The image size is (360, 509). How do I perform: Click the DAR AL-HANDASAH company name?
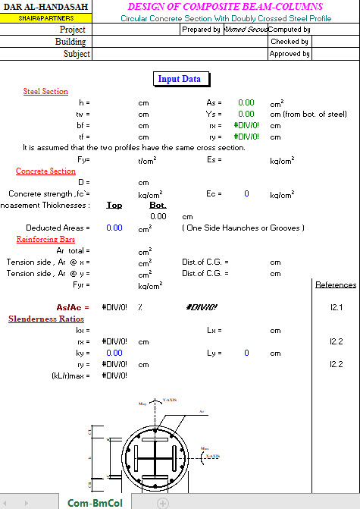pos(45,7)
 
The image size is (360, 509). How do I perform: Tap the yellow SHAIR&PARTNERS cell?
pos(45,18)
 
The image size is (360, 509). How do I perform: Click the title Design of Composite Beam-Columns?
pos(225,7)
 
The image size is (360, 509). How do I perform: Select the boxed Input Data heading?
pos(180,79)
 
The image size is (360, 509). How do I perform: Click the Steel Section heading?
pos(45,91)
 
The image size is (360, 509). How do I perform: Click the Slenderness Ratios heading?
pos(45,319)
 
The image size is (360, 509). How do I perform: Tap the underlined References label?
pos(335,284)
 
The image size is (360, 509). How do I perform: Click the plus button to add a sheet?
pos(162,502)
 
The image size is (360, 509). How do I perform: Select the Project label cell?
pos(73,30)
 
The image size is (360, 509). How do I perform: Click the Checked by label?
pos(289,42)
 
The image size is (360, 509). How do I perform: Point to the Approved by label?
pos(290,54)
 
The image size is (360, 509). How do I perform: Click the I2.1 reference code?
pos(336,307)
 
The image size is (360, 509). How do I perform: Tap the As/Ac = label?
pos(73,307)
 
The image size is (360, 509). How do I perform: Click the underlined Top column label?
pos(114,205)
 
